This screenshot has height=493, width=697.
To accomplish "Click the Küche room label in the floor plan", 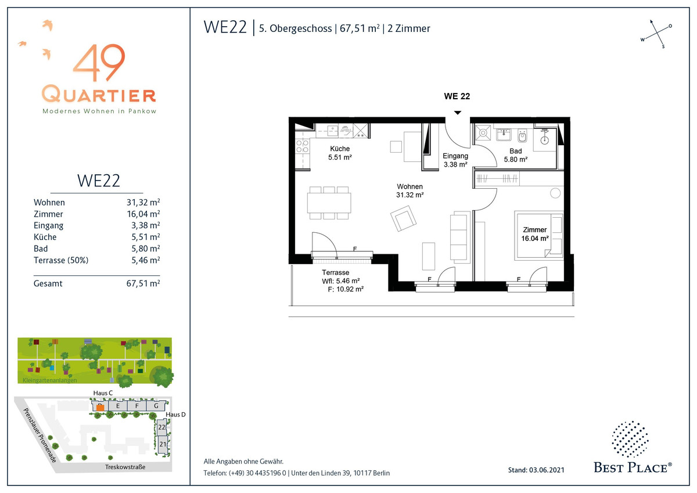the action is click(x=340, y=149).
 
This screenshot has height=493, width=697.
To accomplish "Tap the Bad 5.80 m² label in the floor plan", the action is click(x=516, y=155).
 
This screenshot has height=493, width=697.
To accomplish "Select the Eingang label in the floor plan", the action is click(x=455, y=156).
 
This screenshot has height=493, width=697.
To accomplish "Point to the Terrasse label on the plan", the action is click(x=336, y=272).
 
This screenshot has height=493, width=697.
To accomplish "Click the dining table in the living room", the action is click(x=329, y=203).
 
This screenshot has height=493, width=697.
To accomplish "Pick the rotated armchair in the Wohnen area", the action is click(x=404, y=219).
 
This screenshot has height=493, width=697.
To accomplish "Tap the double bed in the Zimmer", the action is click(x=539, y=236).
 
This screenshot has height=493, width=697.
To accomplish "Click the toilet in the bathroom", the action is click(x=522, y=136).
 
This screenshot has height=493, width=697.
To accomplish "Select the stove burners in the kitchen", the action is click(x=302, y=146).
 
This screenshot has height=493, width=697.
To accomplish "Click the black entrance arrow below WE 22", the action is click(x=458, y=113).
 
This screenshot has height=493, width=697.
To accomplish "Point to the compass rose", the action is click(x=656, y=34).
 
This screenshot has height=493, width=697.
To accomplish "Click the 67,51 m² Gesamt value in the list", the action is click(x=143, y=283).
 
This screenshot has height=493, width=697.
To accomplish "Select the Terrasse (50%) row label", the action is click(x=61, y=260).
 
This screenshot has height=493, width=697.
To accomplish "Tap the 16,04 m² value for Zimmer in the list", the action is click(x=143, y=214).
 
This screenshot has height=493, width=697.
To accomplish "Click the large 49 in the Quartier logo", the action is click(x=99, y=63).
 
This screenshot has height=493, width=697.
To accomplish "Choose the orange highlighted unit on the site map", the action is click(x=100, y=408).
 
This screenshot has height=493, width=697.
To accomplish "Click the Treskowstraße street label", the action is click(x=125, y=467).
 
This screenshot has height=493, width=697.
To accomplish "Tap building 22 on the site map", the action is click(x=162, y=427).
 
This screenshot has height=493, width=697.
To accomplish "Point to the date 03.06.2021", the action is click(x=547, y=470).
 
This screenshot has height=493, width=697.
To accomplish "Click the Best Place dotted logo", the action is click(x=630, y=439).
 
